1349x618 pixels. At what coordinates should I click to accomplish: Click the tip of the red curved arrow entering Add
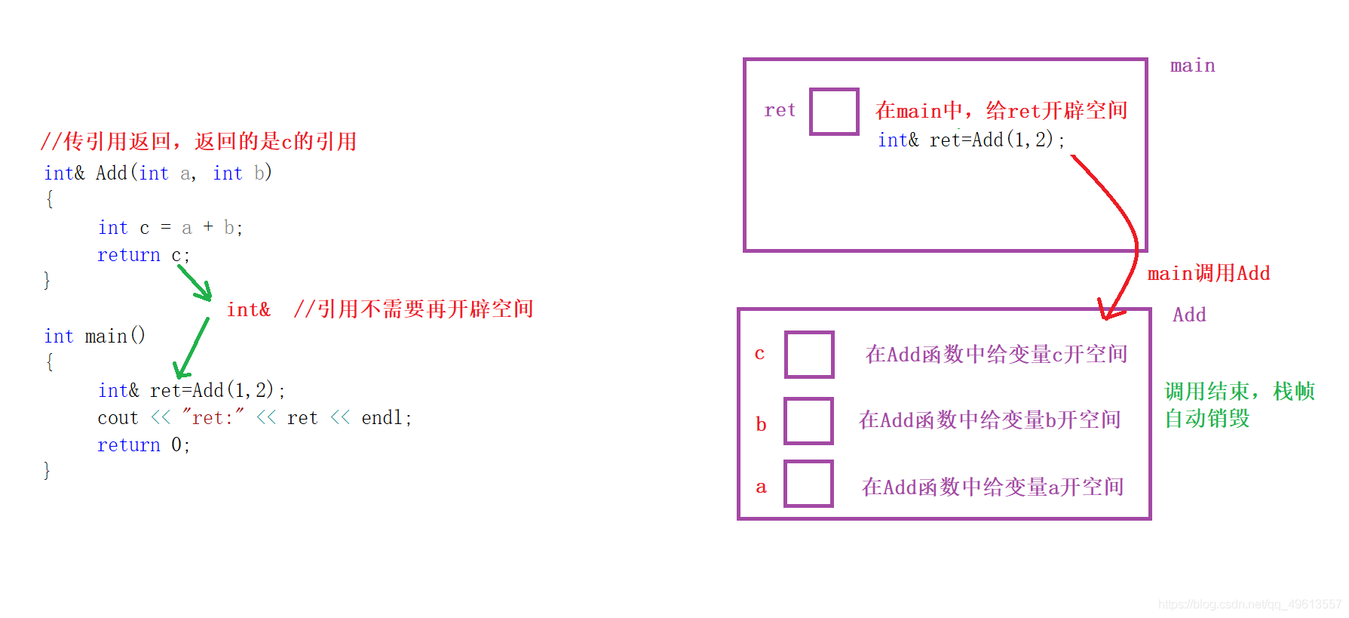[1106, 319]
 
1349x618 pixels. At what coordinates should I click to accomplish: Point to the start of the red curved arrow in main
[1072, 156]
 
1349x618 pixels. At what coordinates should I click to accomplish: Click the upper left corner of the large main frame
[745, 60]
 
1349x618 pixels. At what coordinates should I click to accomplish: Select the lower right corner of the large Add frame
[1150, 518]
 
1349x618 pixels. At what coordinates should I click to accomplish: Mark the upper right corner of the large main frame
[1146, 60]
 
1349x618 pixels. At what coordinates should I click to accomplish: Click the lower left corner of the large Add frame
[739, 518]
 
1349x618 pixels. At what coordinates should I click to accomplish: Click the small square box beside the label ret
[834, 112]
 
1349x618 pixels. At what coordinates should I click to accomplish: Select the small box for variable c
[809, 354]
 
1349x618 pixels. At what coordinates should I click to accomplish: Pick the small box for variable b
[808, 421]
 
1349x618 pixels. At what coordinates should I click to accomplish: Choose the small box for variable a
[808, 484]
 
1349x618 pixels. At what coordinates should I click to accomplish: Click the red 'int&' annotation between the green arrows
[248, 309]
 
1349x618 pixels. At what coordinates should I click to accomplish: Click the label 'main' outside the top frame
[1192, 66]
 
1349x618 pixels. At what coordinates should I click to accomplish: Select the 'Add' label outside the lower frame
[1189, 315]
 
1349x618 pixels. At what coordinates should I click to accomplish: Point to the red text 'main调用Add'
[1209, 273]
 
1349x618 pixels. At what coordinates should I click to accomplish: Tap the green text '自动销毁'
[1207, 418]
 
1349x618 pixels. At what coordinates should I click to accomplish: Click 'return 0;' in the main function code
[143, 445]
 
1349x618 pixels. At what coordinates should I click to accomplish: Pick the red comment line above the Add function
[198, 141]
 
